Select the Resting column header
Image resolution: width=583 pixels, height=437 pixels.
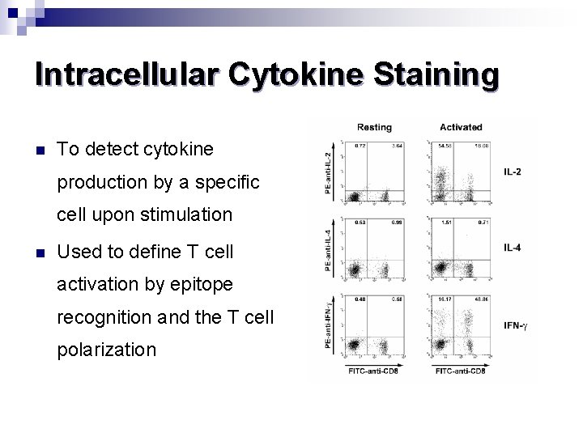pyautogui.click(x=374, y=127)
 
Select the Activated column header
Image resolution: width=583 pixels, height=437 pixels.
pyautogui.click(x=461, y=127)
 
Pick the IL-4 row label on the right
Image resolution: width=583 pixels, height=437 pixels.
pyautogui.click(x=512, y=248)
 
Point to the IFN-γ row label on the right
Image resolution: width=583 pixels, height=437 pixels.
pyautogui.click(x=515, y=325)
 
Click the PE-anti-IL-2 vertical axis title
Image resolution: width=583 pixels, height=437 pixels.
pyautogui.click(x=328, y=172)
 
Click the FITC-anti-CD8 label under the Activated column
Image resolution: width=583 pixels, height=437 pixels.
pyautogui.click(x=460, y=371)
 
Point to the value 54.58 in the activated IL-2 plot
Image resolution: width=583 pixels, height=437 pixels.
pyautogui.click(x=444, y=146)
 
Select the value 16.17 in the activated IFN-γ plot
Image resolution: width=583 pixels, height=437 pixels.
pyautogui.click(x=444, y=299)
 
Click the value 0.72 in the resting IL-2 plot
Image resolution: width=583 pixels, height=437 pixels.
pyautogui.click(x=360, y=146)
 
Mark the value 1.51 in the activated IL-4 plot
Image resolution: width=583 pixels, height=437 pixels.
pyautogui.click(x=444, y=222)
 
